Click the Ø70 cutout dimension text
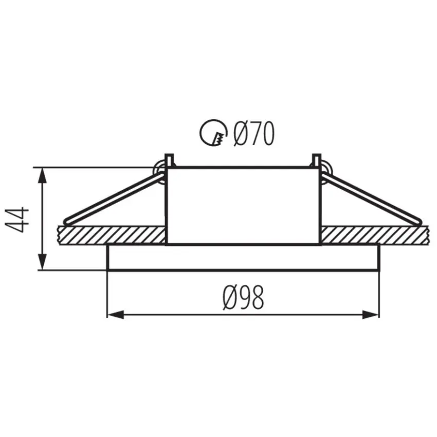(x=253, y=134)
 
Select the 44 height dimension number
(x=17, y=220)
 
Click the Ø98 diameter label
(x=244, y=298)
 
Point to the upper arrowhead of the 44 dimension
(x=43, y=175)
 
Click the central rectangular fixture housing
(x=244, y=206)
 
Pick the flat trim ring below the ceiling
(x=243, y=257)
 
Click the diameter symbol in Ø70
(x=240, y=134)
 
